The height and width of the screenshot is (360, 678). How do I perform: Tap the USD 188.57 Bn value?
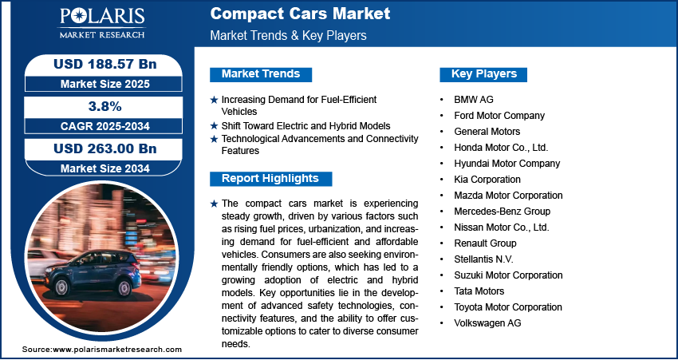coord(104,63)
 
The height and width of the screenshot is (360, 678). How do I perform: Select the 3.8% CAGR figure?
coord(104,106)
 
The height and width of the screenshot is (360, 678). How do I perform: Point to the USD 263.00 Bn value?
coord(104,148)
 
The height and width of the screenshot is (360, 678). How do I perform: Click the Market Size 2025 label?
coord(104,83)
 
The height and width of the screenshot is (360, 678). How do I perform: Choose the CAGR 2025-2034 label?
coord(104,126)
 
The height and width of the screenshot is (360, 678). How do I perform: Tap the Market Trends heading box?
coord(261,74)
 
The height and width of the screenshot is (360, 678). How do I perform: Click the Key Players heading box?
coord(484,74)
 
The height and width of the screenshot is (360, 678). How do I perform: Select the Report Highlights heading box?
coord(270,179)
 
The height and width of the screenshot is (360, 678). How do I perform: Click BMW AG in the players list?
coord(474,99)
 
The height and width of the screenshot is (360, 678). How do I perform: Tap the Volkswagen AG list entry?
coord(487,323)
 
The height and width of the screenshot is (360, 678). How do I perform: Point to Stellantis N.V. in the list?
coord(483,259)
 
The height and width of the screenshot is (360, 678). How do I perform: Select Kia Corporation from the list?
coord(487,180)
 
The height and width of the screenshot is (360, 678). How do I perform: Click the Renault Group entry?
coord(485,243)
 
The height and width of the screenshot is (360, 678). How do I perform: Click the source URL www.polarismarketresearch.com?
coord(117,350)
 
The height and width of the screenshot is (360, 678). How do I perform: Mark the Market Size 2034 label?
coord(104,168)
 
